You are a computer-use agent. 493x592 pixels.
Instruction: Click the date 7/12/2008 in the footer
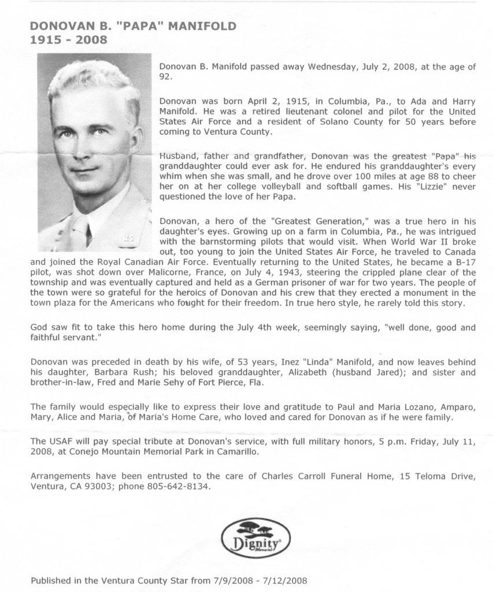click(286, 579)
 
